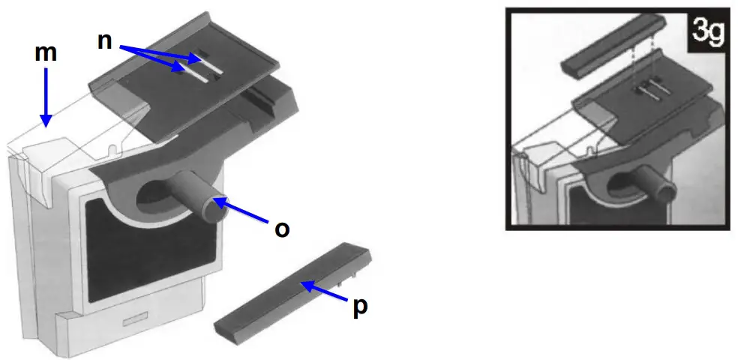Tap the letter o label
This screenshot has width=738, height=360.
[x=282, y=229]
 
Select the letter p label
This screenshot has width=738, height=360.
[x=360, y=307]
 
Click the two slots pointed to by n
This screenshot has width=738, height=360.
[x=196, y=66]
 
